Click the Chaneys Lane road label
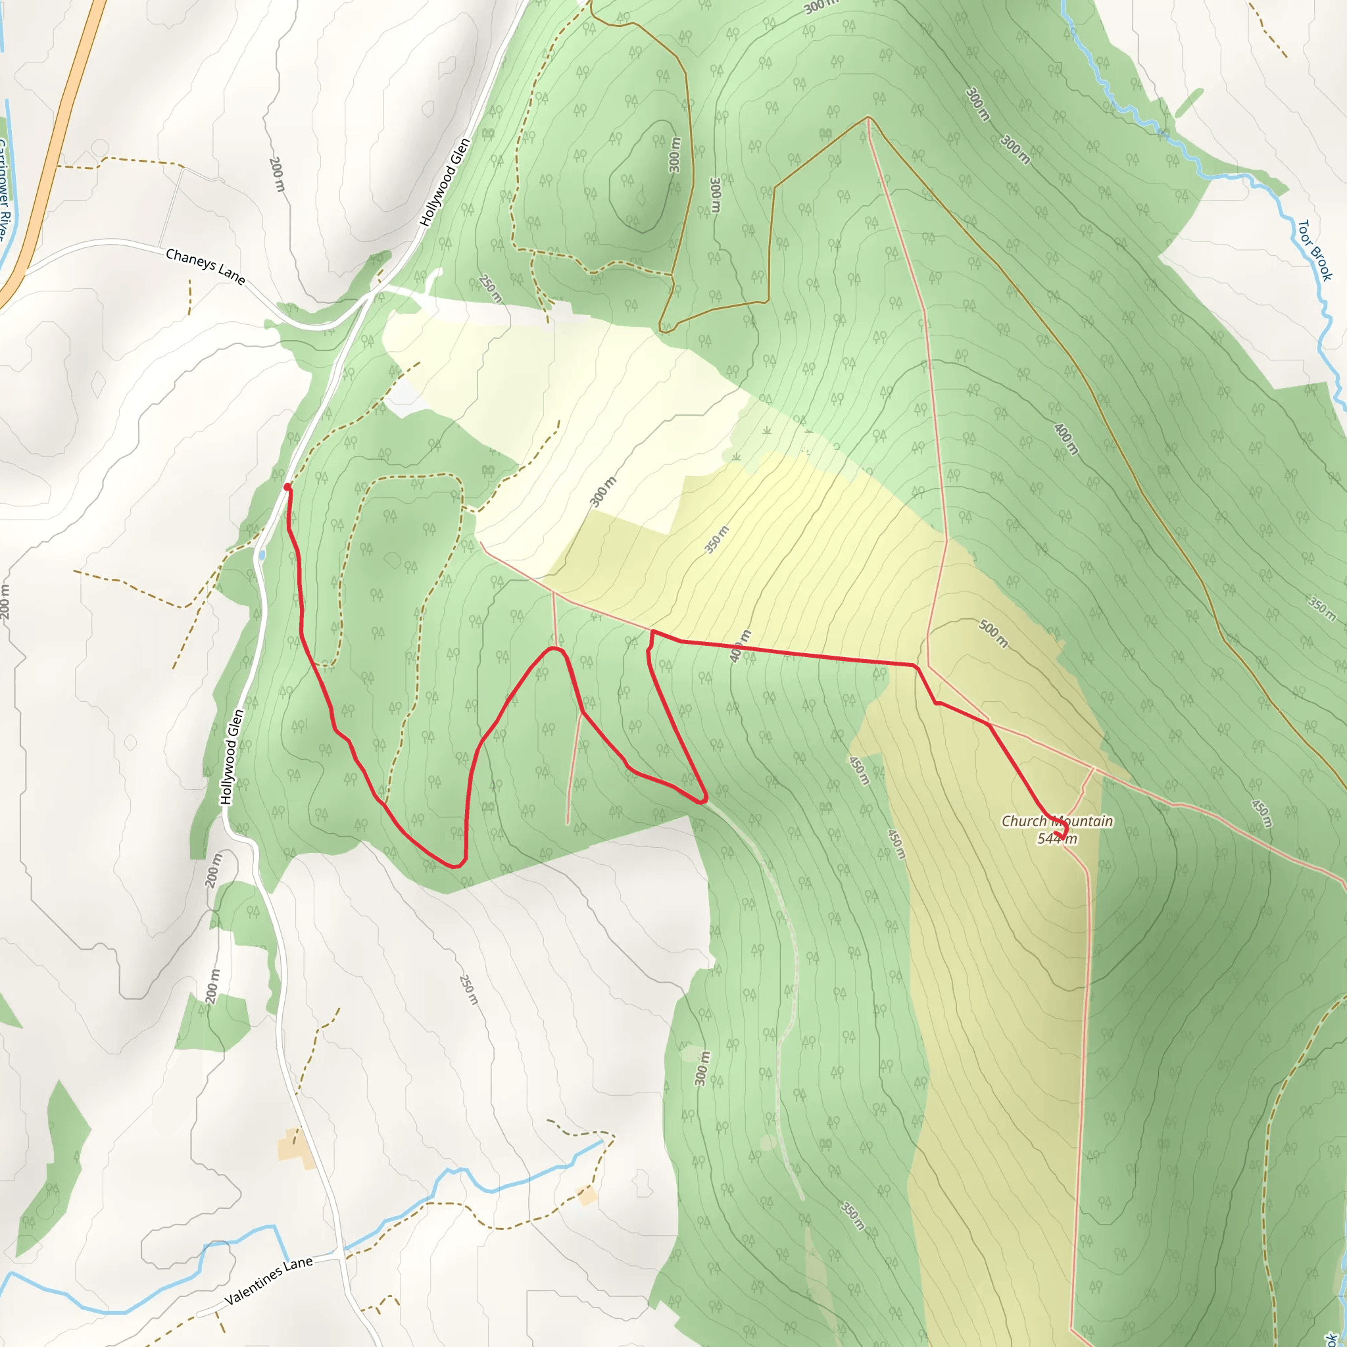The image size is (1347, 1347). click(205, 267)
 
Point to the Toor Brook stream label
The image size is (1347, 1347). click(1314, 251)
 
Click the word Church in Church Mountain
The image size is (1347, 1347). click(1023, 821)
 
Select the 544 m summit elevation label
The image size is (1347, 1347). click(1057, 839)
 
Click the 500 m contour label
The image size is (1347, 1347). click(992, 633)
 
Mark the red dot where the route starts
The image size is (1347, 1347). click(287, 487)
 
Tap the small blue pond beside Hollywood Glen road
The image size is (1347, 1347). click(262, 556)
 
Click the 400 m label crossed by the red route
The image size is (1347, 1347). click(741, 647)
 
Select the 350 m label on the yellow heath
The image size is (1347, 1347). click(717, 539)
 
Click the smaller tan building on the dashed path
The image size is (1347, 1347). click(587, 1196)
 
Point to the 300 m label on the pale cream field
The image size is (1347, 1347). click(603, 491)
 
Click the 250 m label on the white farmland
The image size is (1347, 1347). click(469, 989)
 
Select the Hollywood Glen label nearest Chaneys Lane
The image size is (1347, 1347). click(444, 182)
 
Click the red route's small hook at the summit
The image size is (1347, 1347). click(1062, 831)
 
